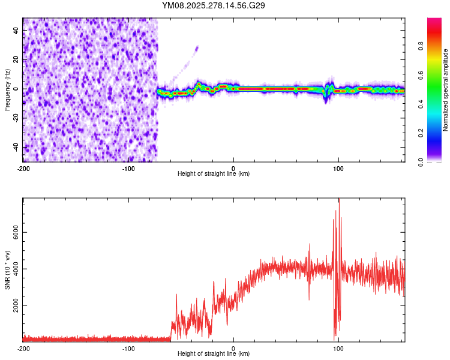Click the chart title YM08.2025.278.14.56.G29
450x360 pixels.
click(x=214, y=5)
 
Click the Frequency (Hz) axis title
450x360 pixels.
click(x=7, y=89)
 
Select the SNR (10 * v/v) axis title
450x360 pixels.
click(x=7, y=269)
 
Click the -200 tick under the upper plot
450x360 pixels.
click(x=23, y=167)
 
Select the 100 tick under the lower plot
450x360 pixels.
click(x=339, y=348)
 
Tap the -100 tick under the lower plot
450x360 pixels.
click(x=128, y=348)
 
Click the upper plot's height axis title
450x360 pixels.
click(x=214, y=173)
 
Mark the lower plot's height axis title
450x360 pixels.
click(x=214, y=354)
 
